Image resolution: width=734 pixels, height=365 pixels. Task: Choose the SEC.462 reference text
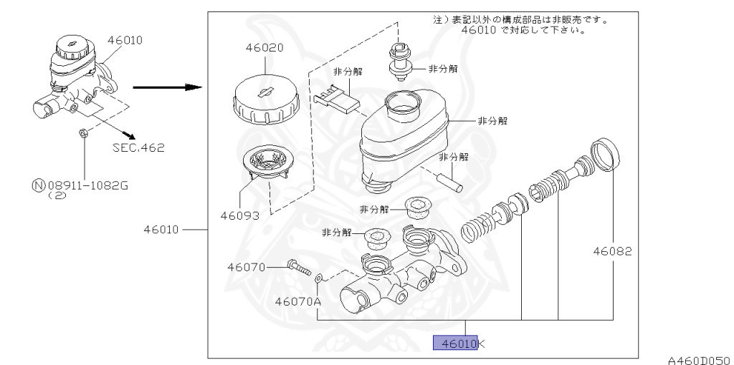[138, 148]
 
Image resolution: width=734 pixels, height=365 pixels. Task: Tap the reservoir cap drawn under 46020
[264, 101]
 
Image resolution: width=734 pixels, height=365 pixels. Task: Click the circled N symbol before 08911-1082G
[37, 185]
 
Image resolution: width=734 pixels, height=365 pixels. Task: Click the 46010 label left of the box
[162, 230]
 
